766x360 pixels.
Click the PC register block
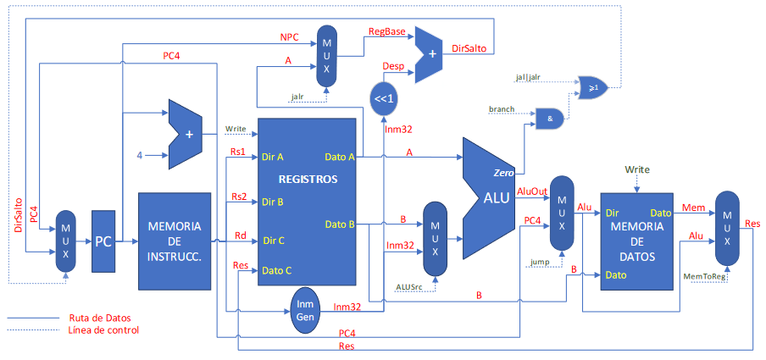coord(103,241)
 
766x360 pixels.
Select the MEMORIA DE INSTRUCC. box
coord(174,241)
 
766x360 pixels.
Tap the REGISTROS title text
coord(307,180)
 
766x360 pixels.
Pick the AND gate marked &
coord(551,119)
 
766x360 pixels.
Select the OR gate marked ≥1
coord(592,86)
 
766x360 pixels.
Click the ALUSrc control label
coord(413,286)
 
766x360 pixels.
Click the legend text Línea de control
coord(102,330)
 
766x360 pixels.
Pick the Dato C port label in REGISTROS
coord(278,271)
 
